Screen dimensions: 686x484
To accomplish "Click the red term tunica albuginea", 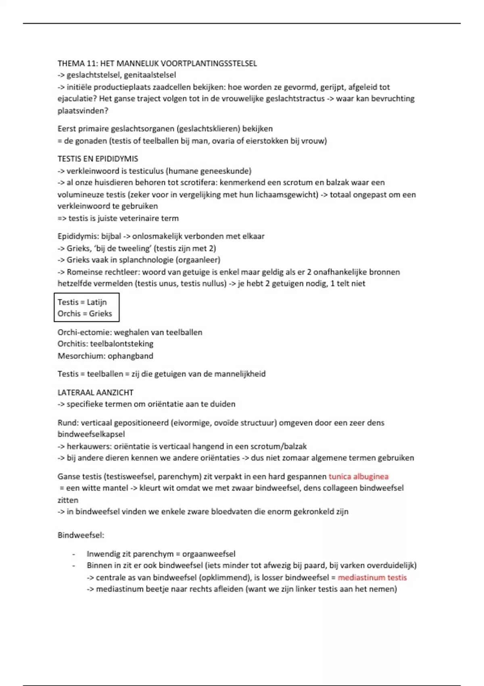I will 358,477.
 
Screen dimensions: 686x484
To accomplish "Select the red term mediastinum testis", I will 372,577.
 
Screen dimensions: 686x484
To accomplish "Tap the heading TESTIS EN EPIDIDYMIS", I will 98,159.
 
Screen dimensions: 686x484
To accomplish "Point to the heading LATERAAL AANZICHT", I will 95,393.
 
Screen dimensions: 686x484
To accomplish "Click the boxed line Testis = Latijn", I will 82,302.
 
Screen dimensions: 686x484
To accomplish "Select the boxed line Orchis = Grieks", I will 85,314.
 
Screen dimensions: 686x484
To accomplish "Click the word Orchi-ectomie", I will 84,333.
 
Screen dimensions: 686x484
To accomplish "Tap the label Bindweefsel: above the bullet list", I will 81,535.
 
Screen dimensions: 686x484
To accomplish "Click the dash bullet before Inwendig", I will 74,554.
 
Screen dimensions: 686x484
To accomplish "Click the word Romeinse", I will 83,272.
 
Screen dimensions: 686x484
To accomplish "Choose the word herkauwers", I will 89,447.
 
